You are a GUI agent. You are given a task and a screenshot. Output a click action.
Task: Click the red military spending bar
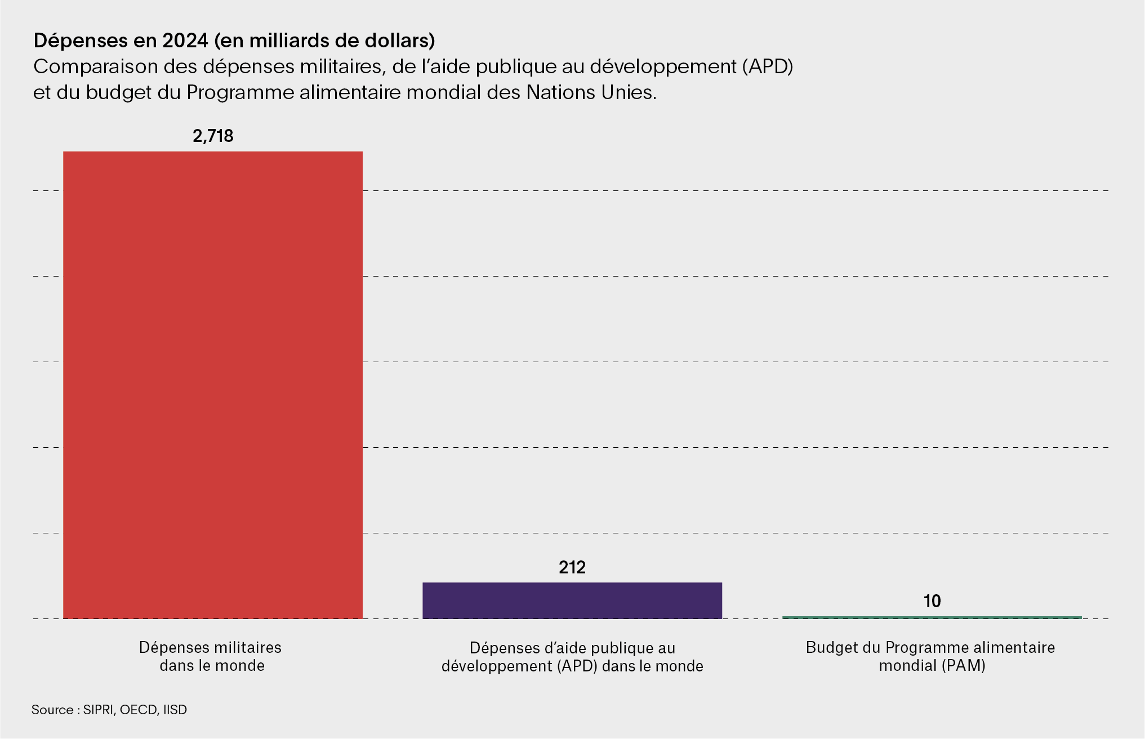tap(212, 385)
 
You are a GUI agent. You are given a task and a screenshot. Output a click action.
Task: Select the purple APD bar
tap(572, 600)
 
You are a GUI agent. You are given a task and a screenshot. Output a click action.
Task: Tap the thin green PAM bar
tap(932, 617)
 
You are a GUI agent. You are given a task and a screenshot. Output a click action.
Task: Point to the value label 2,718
tap(213, 136)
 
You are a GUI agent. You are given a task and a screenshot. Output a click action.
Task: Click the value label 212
tap(572, 567)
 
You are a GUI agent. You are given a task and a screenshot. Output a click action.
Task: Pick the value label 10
tap(932, 602)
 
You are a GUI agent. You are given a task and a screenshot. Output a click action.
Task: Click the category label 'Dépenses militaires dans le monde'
tap(211, 656)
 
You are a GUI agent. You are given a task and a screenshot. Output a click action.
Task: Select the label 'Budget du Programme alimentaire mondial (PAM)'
tap(930, 656)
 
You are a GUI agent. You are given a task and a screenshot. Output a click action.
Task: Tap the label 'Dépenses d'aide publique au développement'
tap(572, 657)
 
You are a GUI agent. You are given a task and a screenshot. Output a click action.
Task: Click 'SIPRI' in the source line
tap(99, 710)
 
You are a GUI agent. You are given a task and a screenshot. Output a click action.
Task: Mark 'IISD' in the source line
tap(175, 710)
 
